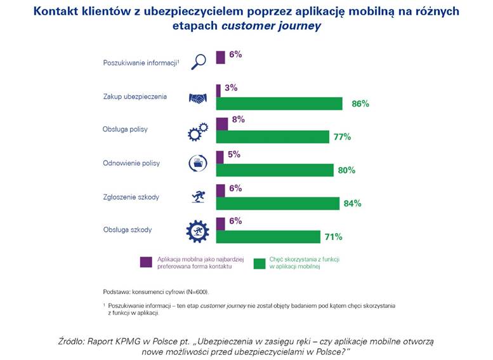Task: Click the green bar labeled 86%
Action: click(x=279, y=103)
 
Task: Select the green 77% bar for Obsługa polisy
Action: click(x=273, y=137)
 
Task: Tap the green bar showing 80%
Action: click(x=275, y=170)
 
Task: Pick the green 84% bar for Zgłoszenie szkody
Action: click(x=278, y=203)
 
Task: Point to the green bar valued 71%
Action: click(x=268, y=237)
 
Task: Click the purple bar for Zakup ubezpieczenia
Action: click(x=218, y=90)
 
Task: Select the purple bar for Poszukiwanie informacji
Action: click(x=221, y=57)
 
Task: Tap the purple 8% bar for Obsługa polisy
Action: click(x=222, y=123)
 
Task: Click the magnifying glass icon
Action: click(x=199, y=62)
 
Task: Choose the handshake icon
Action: click(x=198, y=98)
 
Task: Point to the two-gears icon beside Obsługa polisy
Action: click(x=197, y=131)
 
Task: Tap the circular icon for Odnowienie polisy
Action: click(x=198, y=164)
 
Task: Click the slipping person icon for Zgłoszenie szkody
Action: click(x=198, y=197)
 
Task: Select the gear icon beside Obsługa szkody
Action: click(x=197, y=230)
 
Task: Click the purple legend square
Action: click(x=145, y=262)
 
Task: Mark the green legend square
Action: click(x=259, y=262)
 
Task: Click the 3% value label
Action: click(x=230, y=88)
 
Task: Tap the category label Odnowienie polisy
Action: click(x=131, y=163)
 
